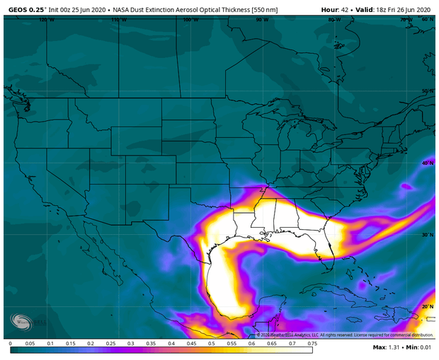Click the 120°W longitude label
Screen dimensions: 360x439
46,20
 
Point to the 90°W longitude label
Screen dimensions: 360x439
263,20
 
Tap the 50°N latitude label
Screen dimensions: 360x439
427,91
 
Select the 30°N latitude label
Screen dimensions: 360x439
427,235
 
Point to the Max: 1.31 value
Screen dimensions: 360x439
387,348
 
